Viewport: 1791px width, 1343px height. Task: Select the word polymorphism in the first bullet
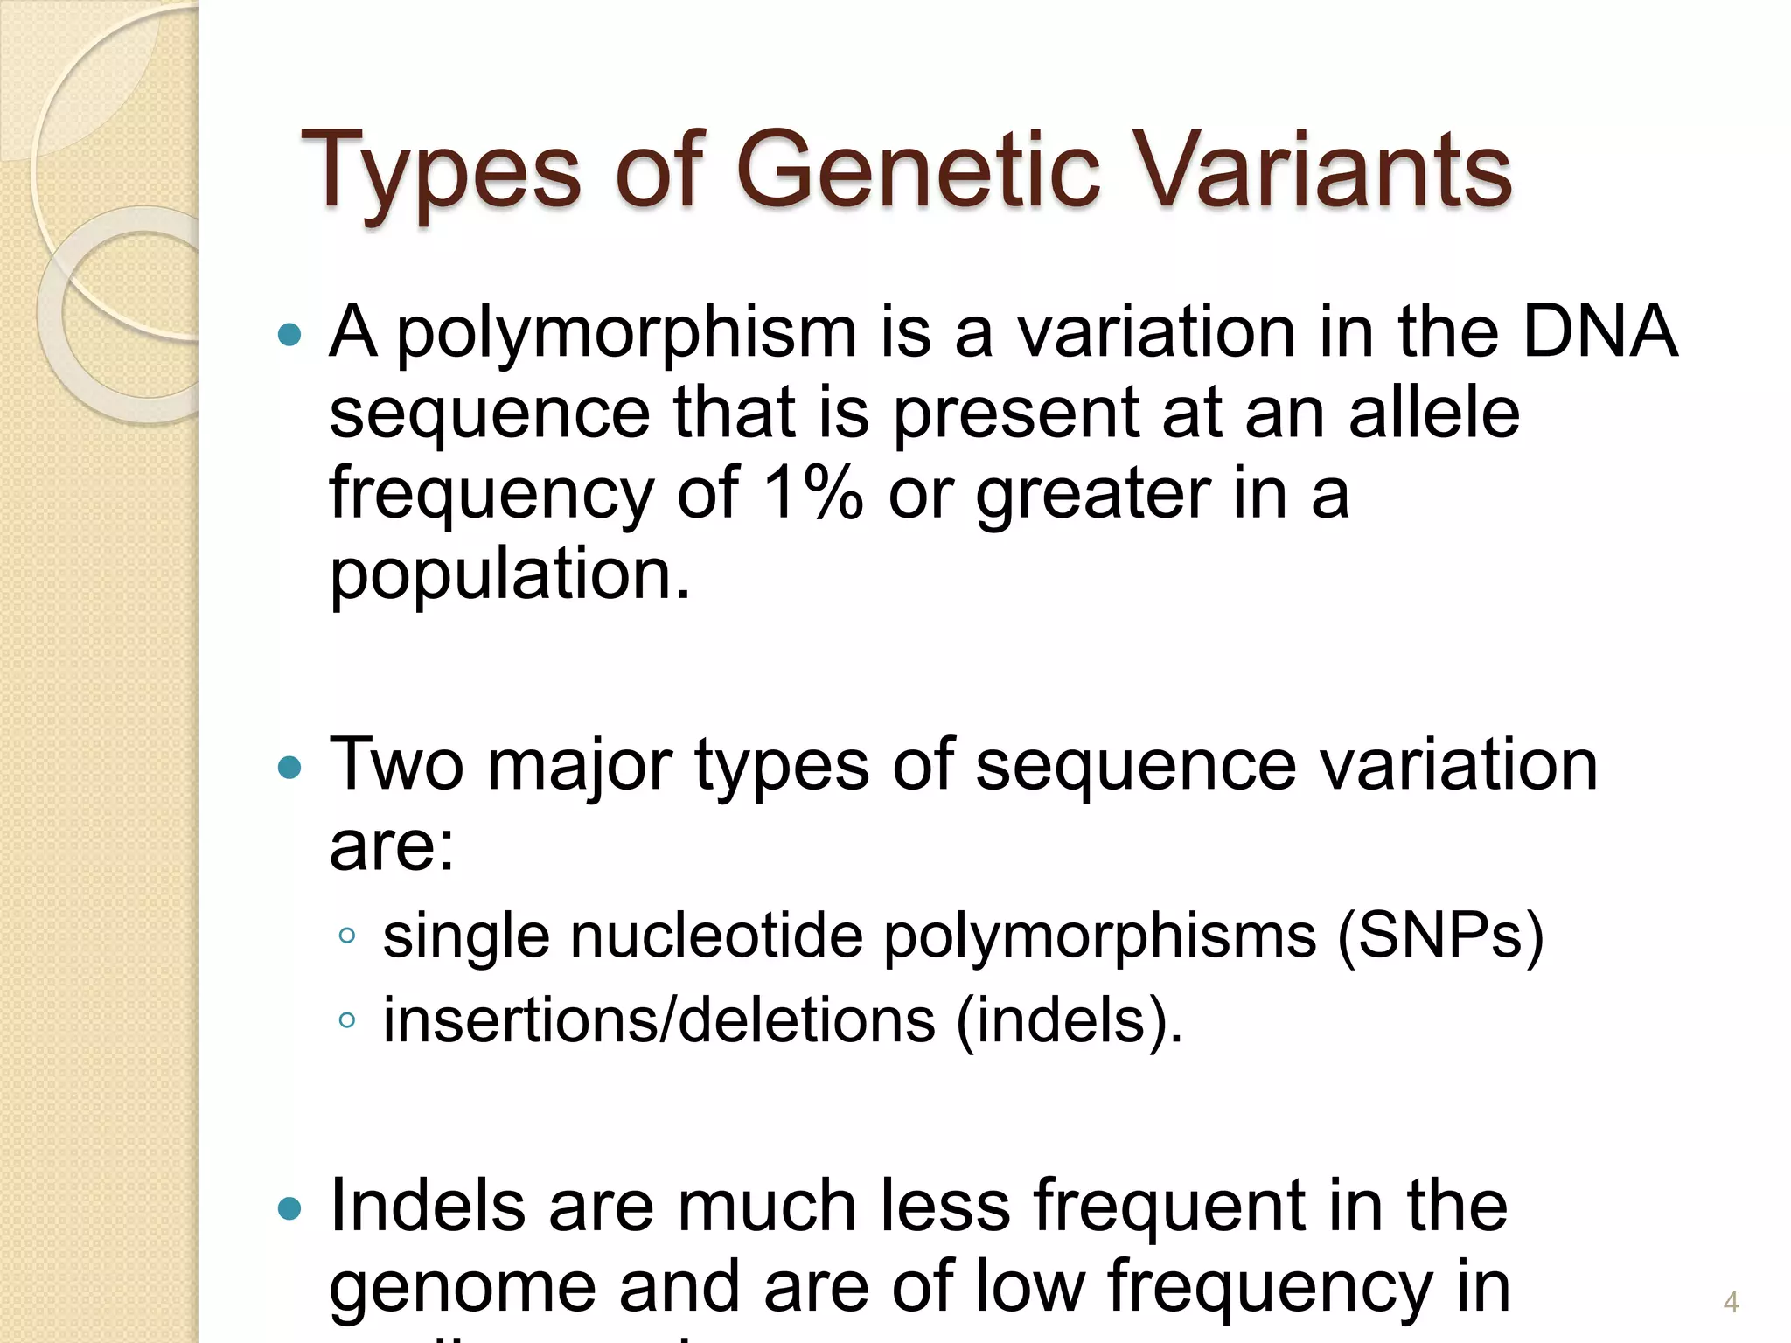[x=626, y=336]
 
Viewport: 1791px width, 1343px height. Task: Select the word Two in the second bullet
[x=396, y=764]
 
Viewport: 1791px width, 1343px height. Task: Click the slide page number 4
[x=1731, y=1303]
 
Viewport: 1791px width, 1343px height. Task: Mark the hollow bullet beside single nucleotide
[x=347, y=936]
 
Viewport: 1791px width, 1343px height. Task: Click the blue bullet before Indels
[x=289, y=1209]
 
